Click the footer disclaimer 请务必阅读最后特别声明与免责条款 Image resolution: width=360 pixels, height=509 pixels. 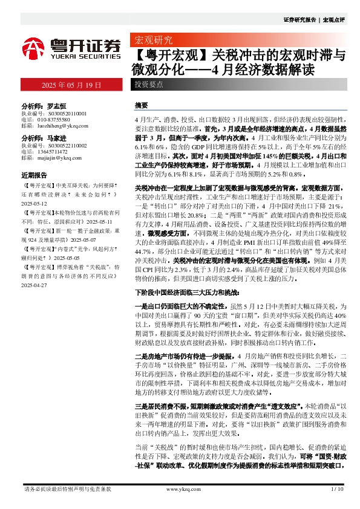click(x=67, y=488)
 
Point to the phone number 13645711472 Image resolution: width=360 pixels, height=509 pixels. click(x=54, y=152)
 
